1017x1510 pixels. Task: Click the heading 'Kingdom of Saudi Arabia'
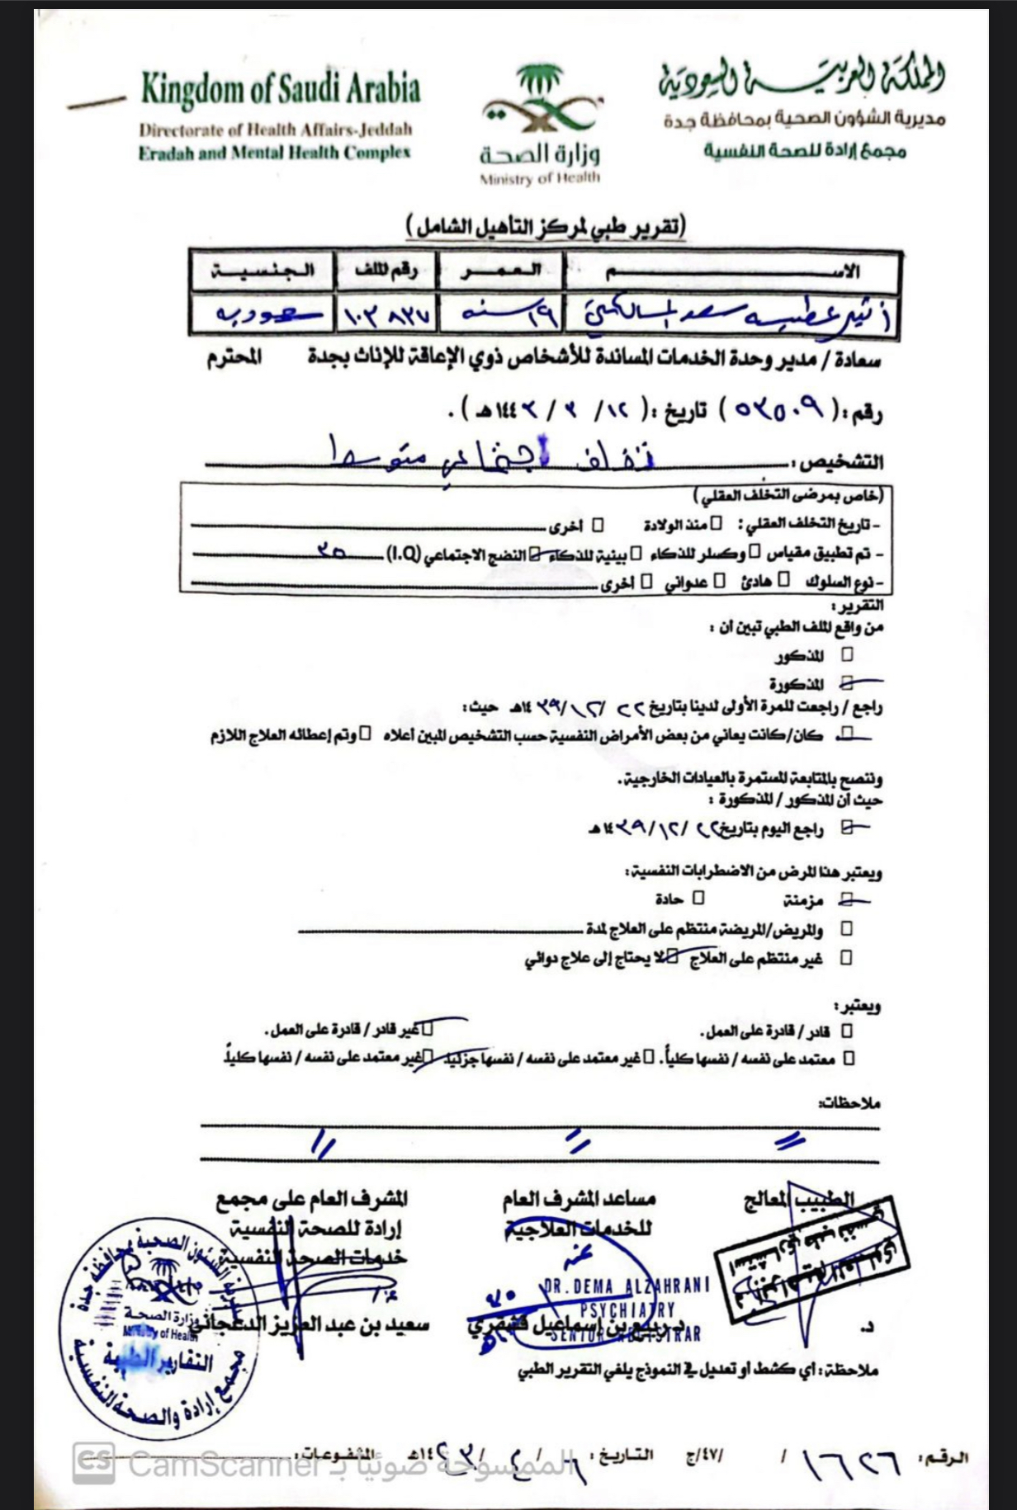pos(280,89)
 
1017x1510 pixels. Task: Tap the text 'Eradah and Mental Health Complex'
pos(274,153)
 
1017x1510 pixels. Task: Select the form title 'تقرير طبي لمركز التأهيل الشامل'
pos(546,226)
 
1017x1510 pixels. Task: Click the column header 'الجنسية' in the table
pos(263,271)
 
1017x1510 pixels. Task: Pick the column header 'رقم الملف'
pos(386,271)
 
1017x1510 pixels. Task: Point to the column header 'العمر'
pos(501,271)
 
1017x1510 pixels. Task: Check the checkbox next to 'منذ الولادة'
pos(717,524)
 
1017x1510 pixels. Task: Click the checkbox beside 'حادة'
pos(698,897)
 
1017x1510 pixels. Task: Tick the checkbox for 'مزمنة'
pos(845,899)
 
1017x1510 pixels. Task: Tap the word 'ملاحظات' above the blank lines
pos(850,1102)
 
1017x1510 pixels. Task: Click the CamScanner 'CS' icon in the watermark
pos(93,1462)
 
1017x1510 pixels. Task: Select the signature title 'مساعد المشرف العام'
pos(579,1198)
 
